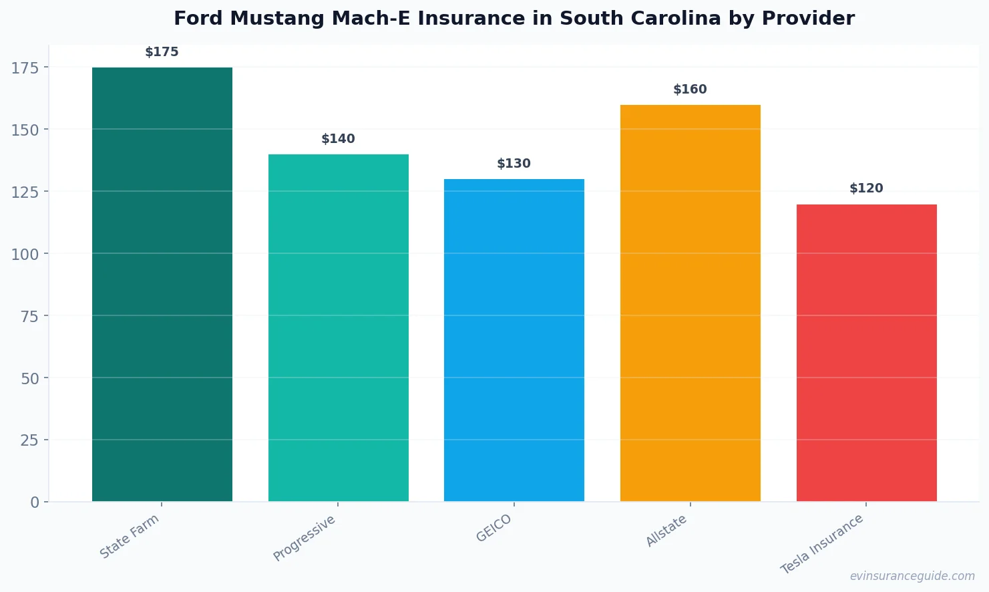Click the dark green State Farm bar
(162, 284)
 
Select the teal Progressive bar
(338, 327)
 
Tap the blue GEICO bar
(514, 340)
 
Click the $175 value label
(162, 52)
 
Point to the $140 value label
(338, 139)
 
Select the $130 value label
(514, 164)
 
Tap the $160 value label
(690, 90)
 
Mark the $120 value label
(866, 188)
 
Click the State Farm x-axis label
(130, 536)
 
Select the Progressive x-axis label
(305, 538)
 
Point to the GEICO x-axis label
(494, 528)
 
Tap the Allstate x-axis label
(666, 531)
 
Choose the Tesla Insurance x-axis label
(823, 544)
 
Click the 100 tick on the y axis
(25, 254)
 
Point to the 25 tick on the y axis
(29, 440)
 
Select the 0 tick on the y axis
(35, 502)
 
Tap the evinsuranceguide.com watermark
(912, 576)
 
